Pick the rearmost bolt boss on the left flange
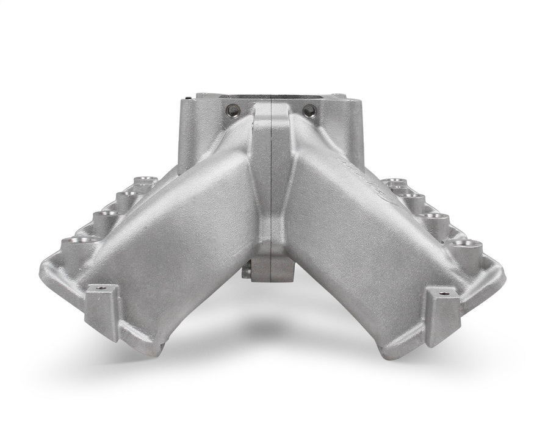pyautogui.click(x=144, y=181)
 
